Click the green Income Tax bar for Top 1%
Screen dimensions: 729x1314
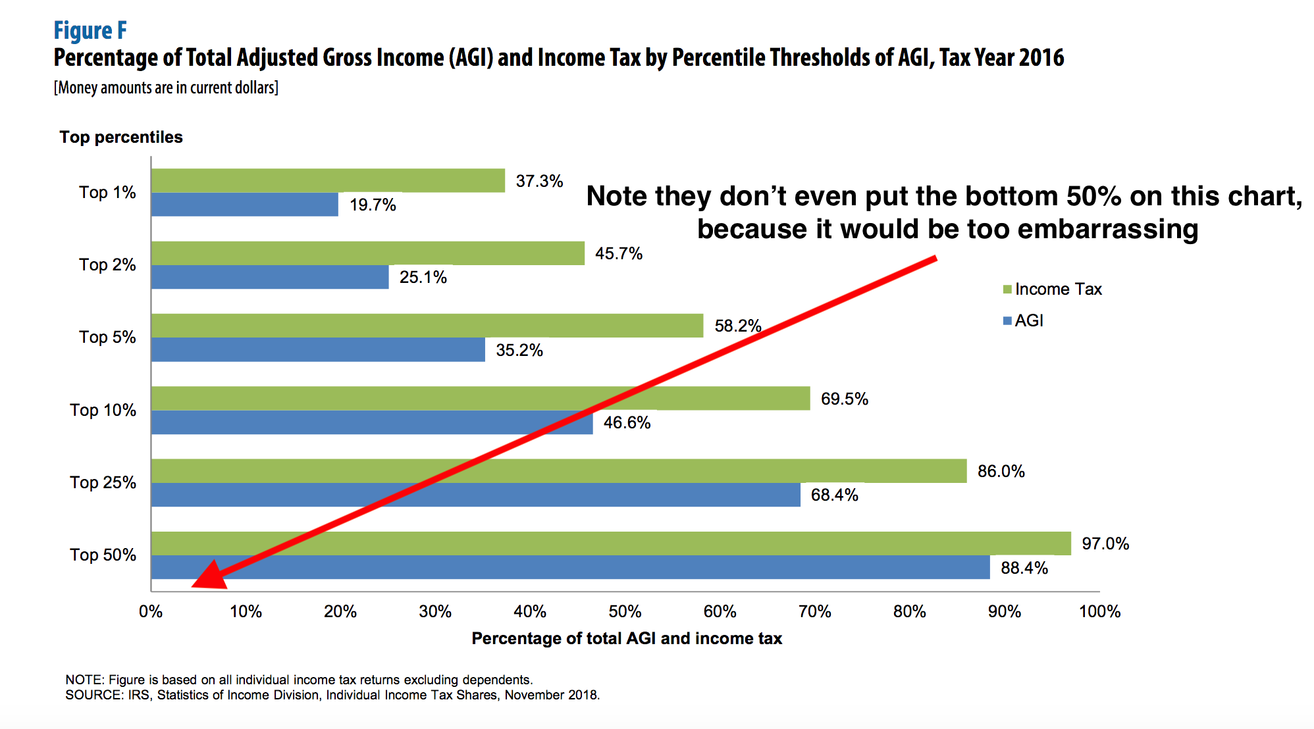click(328, 180)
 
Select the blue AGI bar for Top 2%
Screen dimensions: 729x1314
click(270, 277)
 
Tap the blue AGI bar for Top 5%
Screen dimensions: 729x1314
click(318, 349)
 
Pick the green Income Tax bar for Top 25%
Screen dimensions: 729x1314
click(558, 470)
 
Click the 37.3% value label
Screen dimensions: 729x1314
click(539, 181)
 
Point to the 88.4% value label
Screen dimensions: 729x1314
click(1024, 568)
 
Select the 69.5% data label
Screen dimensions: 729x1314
click(844, 399)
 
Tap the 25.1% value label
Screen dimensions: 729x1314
click(423, 277)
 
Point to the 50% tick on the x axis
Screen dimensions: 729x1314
click(625, 611)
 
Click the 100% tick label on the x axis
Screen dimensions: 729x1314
click(1099, 611)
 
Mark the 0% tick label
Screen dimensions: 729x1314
click(151, 611)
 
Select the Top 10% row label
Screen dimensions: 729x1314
click(103, 410)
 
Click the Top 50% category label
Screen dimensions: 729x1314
click(103, 555)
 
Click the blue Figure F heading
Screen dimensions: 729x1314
click(90, 30)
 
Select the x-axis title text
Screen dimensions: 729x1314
click(627, 638)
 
